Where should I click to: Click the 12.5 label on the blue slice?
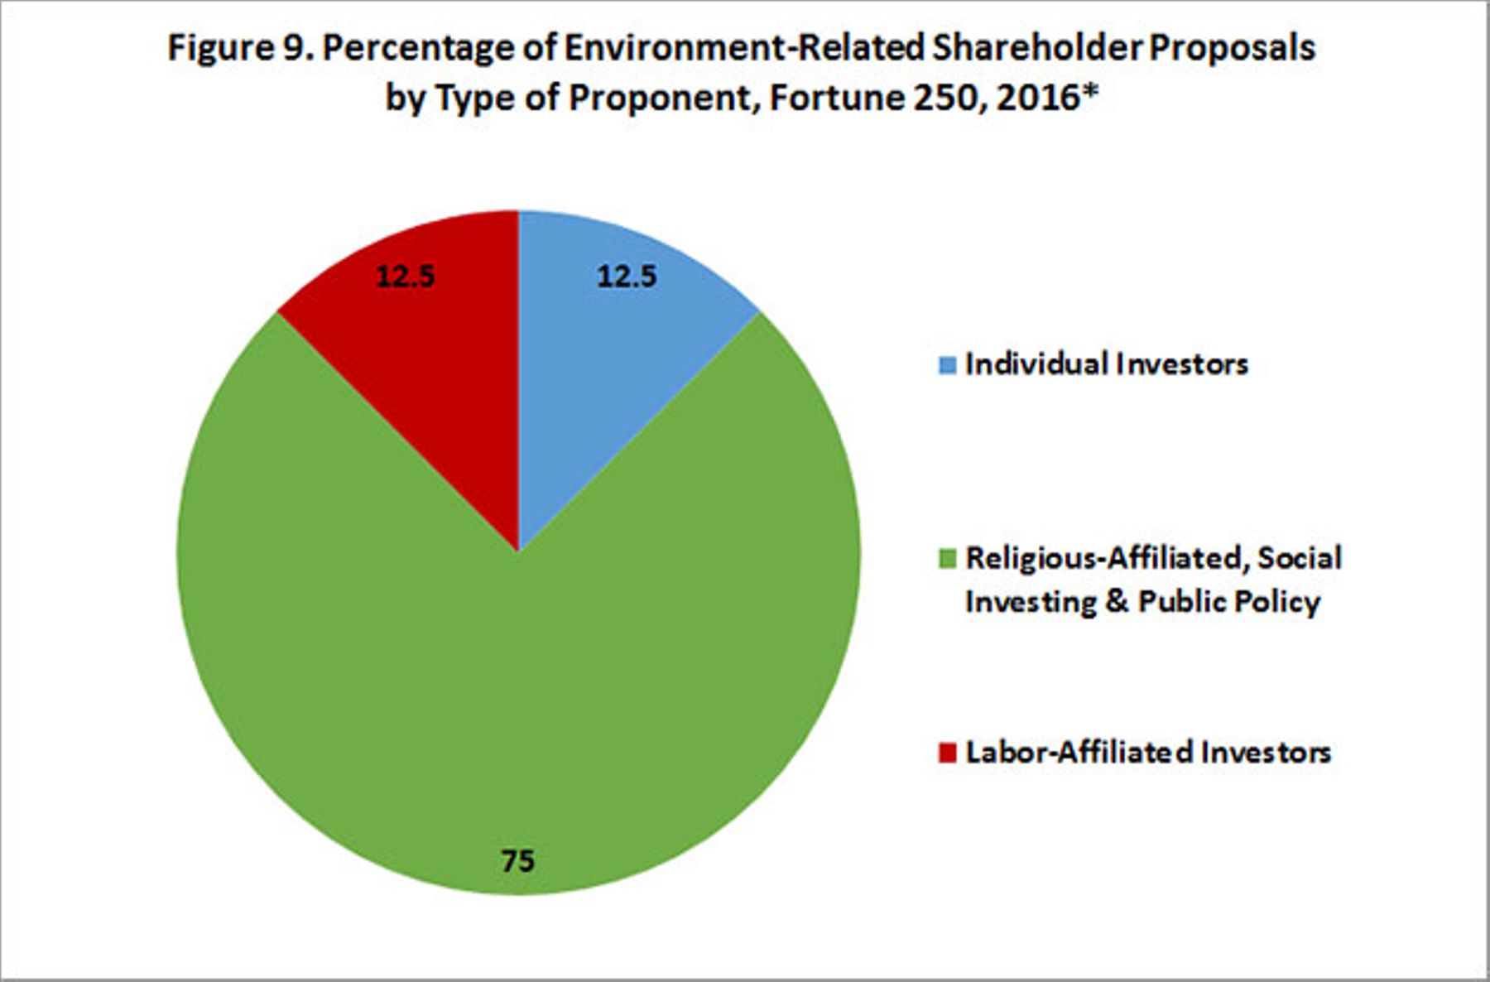[627, 276]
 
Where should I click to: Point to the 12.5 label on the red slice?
[405, 276]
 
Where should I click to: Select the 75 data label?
[518, 861]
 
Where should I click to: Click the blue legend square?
[948, 364]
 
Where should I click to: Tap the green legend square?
[948, 559]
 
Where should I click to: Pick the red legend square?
[948, 753]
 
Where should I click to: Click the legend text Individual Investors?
[1107, 364]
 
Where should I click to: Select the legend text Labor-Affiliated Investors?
[1148, 752]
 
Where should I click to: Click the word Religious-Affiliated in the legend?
[1108, 559]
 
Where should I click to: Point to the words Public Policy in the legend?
[1229, 601]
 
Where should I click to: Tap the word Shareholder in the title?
[1036, 47]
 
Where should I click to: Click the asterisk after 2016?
[1090, 90]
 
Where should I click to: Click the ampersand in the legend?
[1117, 601]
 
